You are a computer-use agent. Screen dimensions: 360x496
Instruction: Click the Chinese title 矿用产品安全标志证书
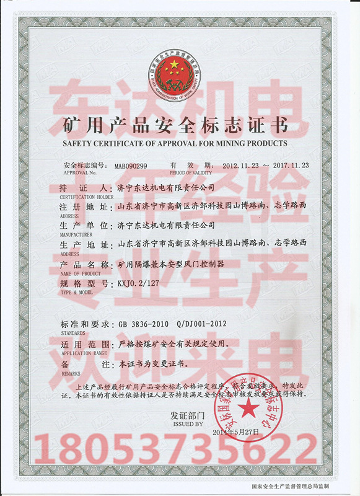click(x=176, y=127)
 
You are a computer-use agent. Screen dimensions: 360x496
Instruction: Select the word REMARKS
click(x=70, y=374)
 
